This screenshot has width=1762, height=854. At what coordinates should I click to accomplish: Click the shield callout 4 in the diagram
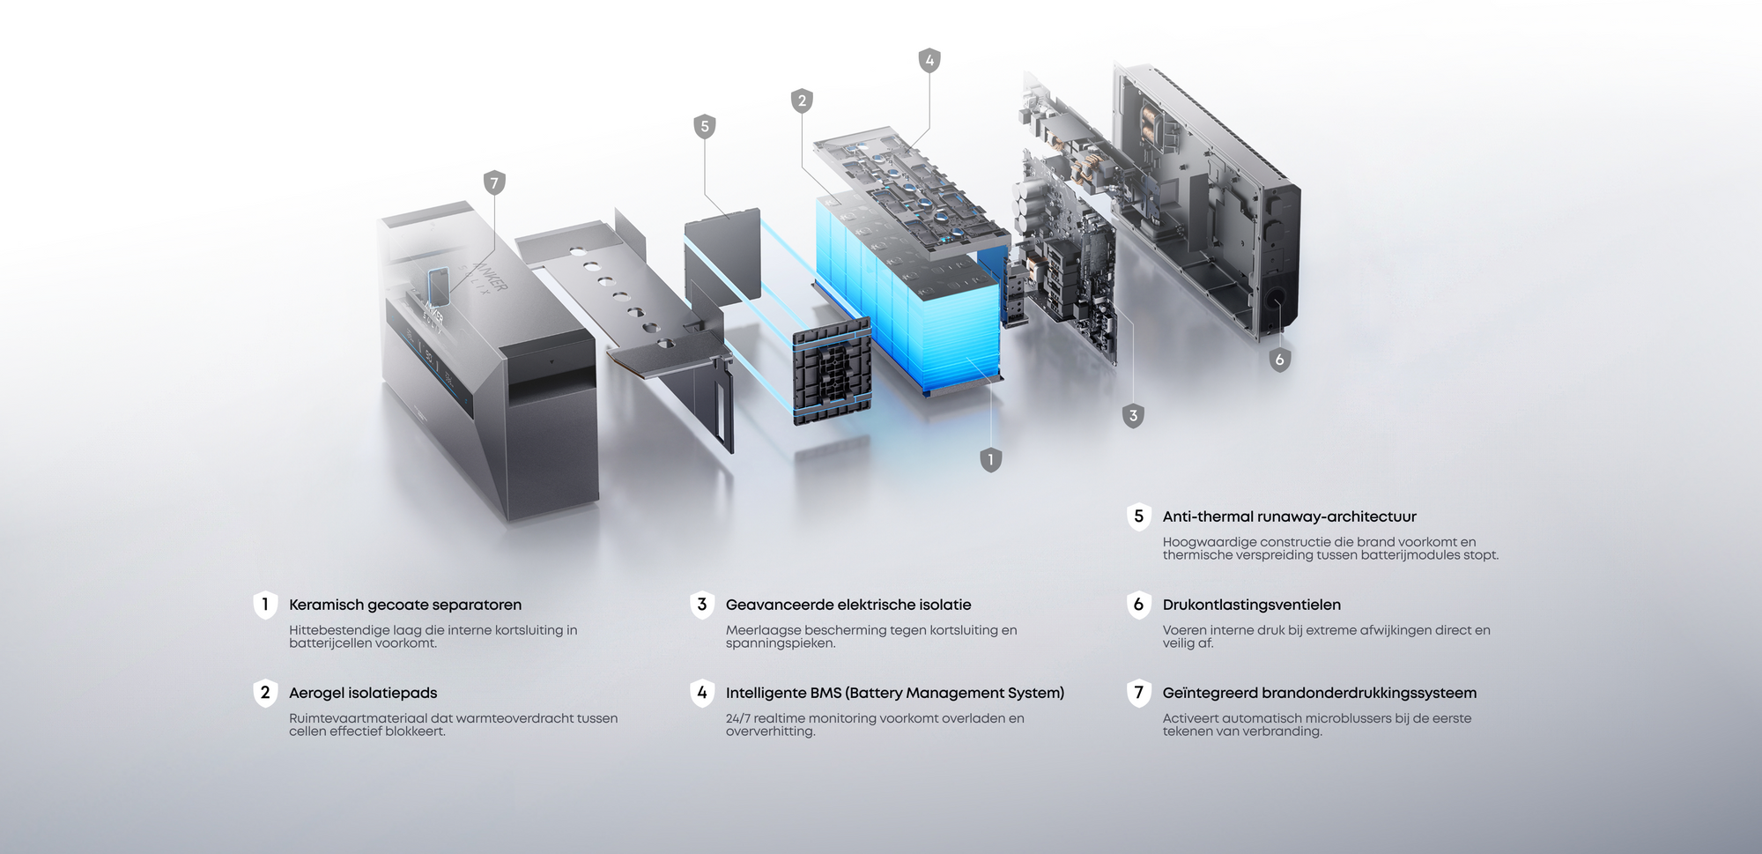click(929, 60)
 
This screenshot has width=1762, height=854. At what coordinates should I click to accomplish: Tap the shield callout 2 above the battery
click(802, 100)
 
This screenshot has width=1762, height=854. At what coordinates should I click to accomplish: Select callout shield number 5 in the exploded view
click(704, 126)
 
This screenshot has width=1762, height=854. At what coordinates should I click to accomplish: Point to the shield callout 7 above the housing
click(494, 183)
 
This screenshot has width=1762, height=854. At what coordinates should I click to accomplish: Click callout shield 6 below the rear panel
click(1280, 360)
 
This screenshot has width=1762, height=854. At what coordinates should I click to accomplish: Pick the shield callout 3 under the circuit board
click(1133, 415)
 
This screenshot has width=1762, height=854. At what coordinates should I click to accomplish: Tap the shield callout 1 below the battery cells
click(991, 459)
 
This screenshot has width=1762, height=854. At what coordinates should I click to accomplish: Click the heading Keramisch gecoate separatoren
click(405, 605)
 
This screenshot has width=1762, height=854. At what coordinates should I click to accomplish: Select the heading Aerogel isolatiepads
click(363, 693)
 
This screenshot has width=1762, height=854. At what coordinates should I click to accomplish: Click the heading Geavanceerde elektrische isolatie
click(848, 605)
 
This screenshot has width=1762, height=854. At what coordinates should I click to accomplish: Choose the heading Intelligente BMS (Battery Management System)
click(895, 693)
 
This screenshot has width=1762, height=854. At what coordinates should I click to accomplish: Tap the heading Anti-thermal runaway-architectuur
click(1290, 516)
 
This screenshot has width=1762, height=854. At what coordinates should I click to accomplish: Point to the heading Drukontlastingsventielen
click(1252, 605)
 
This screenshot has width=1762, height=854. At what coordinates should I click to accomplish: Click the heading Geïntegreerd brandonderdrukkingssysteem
click(1320, 693)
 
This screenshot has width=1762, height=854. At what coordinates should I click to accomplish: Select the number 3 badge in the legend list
click(702, 605)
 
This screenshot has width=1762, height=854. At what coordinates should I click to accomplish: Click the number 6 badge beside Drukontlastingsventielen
click(1139, 605)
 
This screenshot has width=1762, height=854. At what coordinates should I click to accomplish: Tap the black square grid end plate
click(833, 372)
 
